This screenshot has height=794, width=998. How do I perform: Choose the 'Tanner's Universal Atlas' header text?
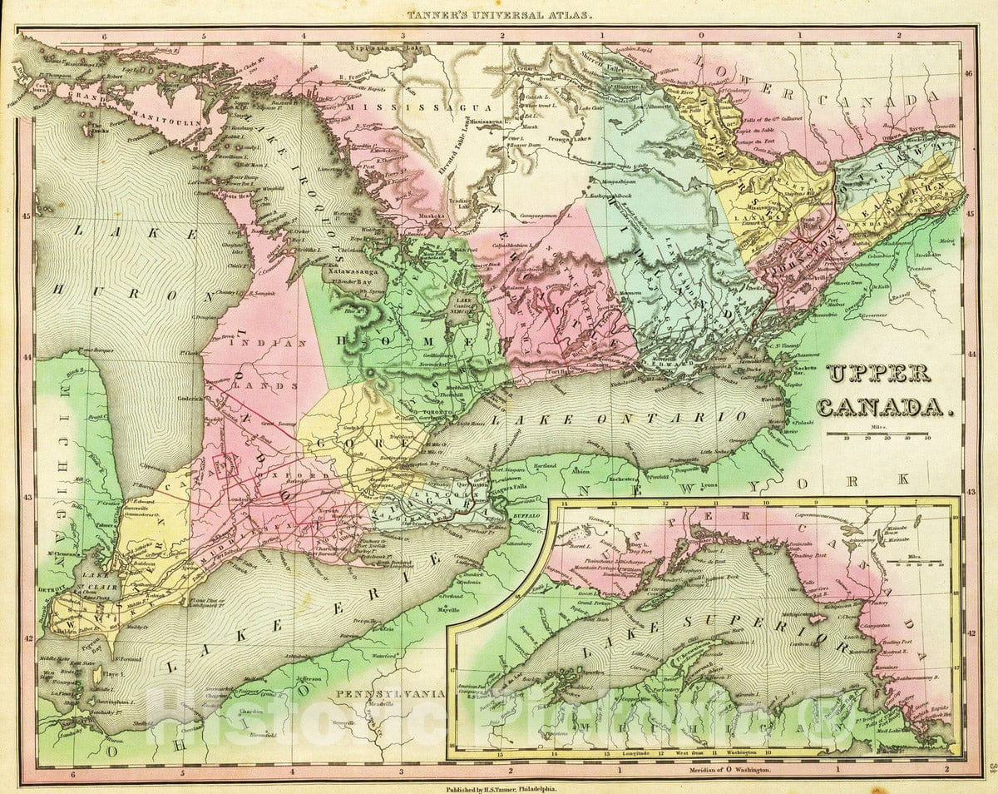(x=499, y=14)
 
